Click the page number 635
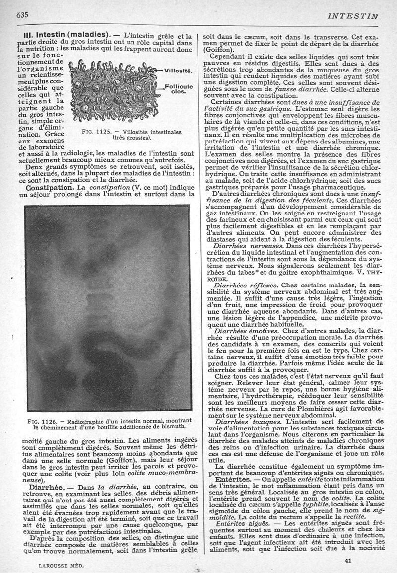click(22, 14)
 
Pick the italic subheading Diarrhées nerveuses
click(244, 245)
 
